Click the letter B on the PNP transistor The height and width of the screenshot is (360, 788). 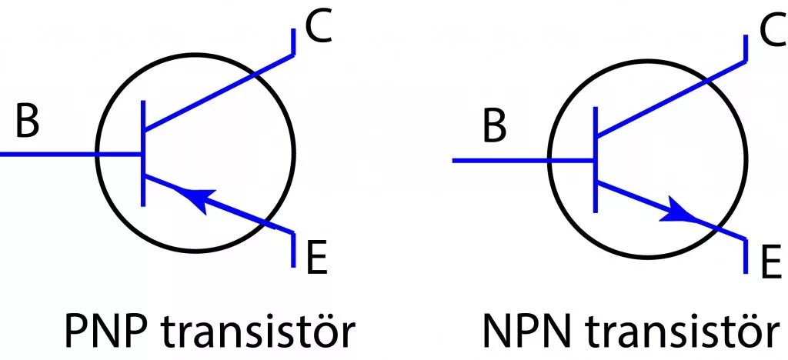[x=27, y=122]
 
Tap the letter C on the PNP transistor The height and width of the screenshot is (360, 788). [x=317, y=28]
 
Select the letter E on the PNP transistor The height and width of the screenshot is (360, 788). [x=316, y=259]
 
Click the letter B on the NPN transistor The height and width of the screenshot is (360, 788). [x=495, y=127]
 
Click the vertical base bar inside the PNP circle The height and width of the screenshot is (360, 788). [x=143, y=154]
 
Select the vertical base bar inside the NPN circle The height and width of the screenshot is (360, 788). [x=596, y=160]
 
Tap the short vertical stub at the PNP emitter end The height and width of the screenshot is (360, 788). [x=293, y=249]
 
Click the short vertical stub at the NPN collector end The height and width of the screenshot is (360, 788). [x=746, y=48]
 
